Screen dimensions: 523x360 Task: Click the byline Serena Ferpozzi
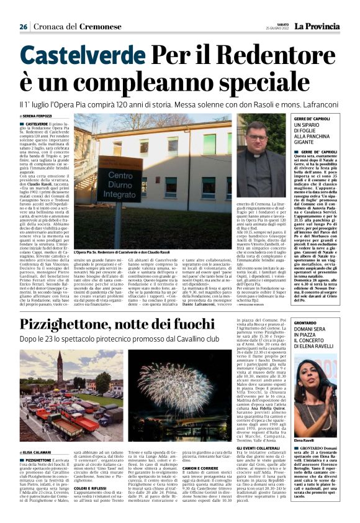(37, 116)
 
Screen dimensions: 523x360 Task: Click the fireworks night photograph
(198, 386)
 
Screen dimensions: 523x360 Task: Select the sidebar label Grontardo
(307, 322)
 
